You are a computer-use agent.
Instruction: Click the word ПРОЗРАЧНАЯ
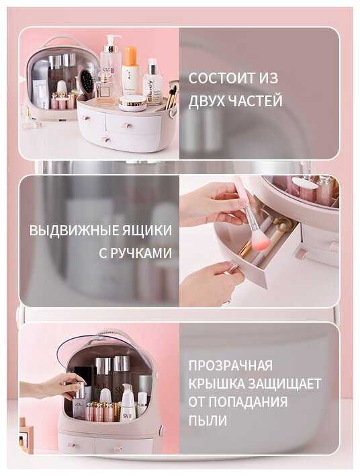pos(230,365)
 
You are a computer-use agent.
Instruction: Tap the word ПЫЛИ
pos(208,421)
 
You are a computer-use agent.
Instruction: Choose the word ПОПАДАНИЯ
pos(248,402)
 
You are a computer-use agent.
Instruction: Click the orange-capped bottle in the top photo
pos(131,70)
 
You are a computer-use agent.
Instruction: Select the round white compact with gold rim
pos(132,103)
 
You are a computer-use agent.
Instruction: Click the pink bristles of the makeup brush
pos(261,241)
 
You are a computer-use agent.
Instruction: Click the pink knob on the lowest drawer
pos(106,140)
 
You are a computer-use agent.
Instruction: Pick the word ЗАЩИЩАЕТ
pos(285,384)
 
